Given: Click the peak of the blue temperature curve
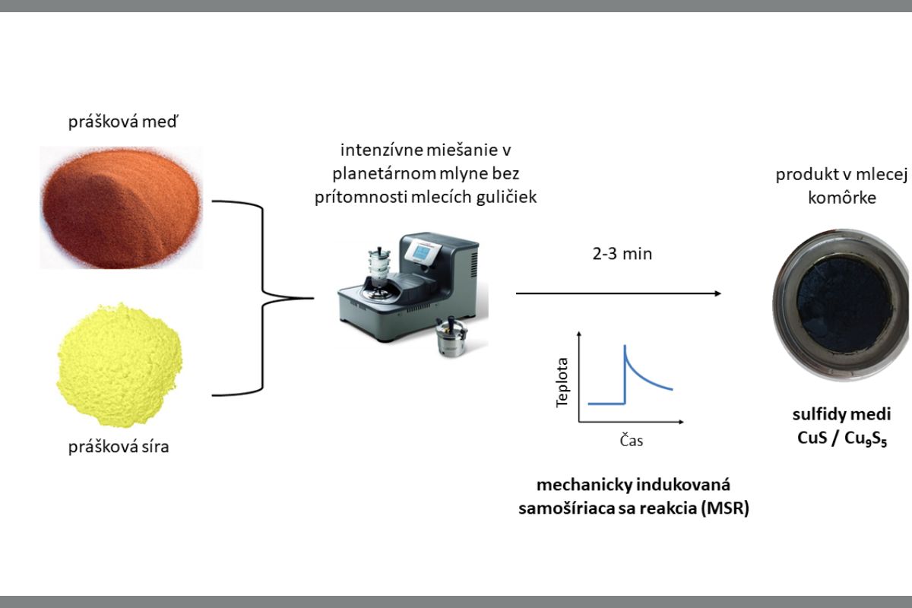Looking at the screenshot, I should tap(625, 347).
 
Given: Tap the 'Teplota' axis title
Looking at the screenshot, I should tap(562, 382).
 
